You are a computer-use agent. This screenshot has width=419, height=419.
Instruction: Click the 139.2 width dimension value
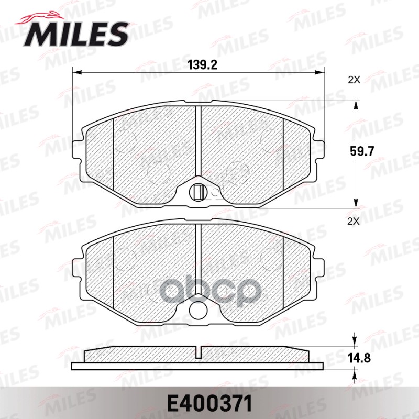pos(202,65)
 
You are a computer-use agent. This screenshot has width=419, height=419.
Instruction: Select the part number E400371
pos(209,403)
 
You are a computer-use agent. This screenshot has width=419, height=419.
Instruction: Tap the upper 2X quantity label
pos(355,80)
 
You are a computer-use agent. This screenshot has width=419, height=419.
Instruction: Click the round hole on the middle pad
pos(197,310)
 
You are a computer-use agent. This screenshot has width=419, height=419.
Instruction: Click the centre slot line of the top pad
pos(197,141)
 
